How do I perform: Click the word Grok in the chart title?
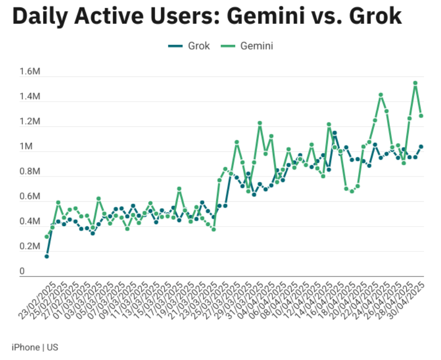(x=375, y=17)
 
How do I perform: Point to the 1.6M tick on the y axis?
(x=30, y=72)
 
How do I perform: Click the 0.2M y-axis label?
(x=30, y=246)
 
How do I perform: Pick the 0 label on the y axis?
(x=22, y=271)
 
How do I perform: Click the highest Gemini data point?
(x=415, y=83)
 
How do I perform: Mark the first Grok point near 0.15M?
(x=47, y=256)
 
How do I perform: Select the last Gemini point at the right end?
(x=421, y=116)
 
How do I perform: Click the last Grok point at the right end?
(x=421, y=146)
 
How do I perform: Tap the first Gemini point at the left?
(x=47, y=237)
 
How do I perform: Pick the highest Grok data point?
(x=334, y=133)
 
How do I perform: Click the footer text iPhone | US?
(x=35, y=347)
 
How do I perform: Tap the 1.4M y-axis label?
(x=30, y=97)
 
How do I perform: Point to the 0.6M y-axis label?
(x=30, y=197)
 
